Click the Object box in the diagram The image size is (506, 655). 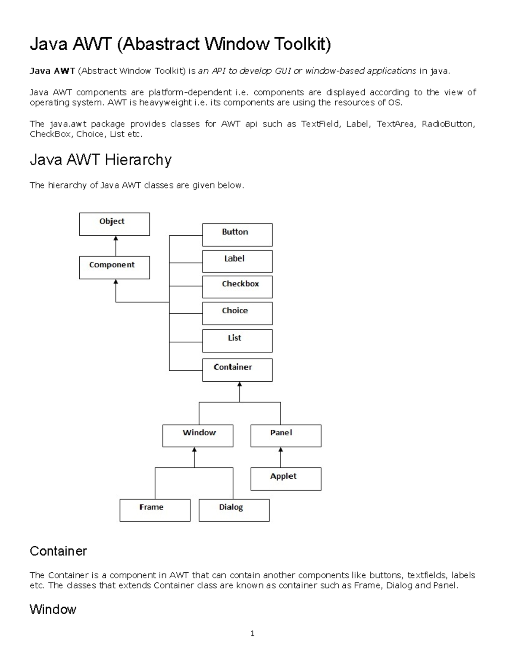click(114, 224)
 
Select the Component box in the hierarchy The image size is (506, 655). click(114, 267)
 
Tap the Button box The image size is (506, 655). click(237, 235)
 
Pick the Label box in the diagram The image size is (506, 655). click(237, 261)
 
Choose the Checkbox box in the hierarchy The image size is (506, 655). click(237, 287)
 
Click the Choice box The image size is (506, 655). click(237, 313)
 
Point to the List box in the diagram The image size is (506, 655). click(237, 341)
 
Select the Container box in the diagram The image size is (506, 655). click(237, 370)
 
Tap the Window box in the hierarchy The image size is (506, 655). click(198, 436)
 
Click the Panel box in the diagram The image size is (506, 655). click(286, 436)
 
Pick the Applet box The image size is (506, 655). click(286, 479)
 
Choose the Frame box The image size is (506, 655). click(155, 510)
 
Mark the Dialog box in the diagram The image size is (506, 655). click(234, 510)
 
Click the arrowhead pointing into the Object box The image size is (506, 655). click(116, 239)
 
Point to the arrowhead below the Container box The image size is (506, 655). click(240, 385)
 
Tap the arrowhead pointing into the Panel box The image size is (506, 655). click(281, 450)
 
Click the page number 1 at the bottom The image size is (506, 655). click(252, 633)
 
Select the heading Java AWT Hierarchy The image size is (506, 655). click(100, 160)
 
